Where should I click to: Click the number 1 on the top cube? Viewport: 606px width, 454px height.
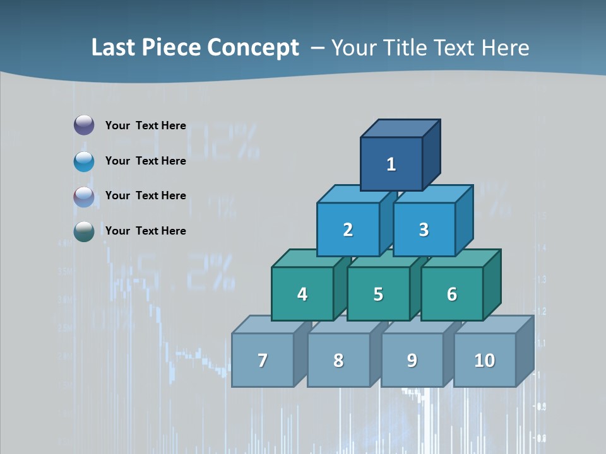point(391,165)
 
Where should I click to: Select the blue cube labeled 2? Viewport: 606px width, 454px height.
point(348,230)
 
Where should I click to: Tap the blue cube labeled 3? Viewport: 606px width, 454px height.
point(424,230)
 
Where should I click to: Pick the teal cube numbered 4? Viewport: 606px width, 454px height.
point(302,294)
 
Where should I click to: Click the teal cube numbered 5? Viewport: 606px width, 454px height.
point(377,294)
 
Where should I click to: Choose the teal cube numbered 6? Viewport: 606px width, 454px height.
point(451,294)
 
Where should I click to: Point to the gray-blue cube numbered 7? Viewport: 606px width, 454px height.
point(263,360)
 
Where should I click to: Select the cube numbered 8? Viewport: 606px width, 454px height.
point(338,360)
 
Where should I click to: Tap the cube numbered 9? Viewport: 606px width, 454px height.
point(412,360)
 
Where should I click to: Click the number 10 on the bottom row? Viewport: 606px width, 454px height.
point(484,360)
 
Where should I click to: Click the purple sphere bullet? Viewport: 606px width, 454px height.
point(84,125)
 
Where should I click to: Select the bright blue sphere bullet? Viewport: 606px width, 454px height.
point(84,161)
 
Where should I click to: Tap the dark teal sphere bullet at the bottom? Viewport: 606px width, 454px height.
point(84,231)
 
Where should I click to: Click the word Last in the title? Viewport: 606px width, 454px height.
point(114,48)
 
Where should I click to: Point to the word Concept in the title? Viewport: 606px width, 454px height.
point(254,48)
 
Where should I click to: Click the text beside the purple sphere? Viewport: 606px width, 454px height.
point(145,125)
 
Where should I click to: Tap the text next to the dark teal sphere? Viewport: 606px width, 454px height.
point(145,231)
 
